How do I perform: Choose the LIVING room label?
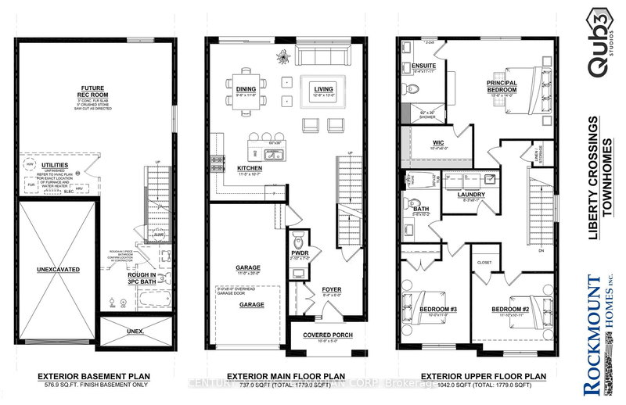coord(323,89)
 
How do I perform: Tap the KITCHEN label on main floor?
coord(251,168)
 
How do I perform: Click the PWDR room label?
coord(299,253)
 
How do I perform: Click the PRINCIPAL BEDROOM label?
coord(502,85)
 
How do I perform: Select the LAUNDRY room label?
coord(472,195)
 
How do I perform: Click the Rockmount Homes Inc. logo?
coord(598,335)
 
